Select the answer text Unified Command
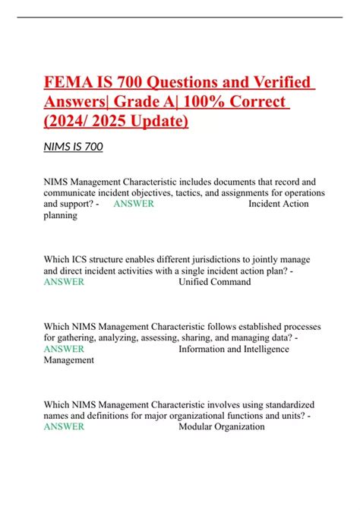click(x=214, y=282)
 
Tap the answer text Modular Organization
click(x=222, y=426)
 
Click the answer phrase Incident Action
click(x=282, y=204)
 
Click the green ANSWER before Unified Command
click(x=64, y=282)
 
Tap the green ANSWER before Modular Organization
click(x=64, y=426)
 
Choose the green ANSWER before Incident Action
click(x=134, y=204)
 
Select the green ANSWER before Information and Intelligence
click(x=64, y=349)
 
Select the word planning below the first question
click(x=60, y=215)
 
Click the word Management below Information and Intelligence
click(x=69, y=360)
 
